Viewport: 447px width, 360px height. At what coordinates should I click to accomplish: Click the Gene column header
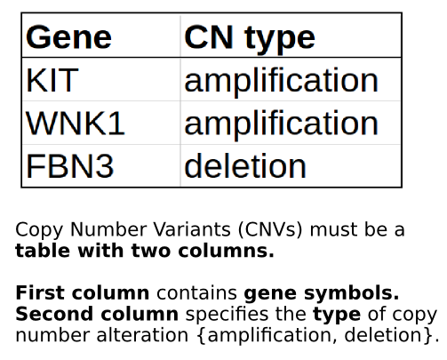68,37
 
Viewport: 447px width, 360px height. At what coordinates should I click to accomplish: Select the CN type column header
250,39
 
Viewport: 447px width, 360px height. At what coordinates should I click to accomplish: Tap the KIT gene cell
52,80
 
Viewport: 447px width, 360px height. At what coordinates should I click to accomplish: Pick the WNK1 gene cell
76,124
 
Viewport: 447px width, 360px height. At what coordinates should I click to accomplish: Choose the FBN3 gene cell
70,166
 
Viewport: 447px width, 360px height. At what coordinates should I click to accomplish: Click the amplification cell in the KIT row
281,81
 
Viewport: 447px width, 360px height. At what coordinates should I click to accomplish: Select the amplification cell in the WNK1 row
281,124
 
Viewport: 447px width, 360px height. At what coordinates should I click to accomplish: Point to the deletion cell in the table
245,165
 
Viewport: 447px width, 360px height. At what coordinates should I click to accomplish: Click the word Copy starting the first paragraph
39,230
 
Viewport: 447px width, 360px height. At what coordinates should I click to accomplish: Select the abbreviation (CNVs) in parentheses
270,230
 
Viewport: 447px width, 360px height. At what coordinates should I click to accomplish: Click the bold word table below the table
43,251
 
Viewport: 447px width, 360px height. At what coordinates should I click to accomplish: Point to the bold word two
151,252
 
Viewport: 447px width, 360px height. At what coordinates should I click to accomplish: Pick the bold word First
40,292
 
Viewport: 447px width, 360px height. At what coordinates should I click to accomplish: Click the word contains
196,293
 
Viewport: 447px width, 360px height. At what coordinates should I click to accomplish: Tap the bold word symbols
352,294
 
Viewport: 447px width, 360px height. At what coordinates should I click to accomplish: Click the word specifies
227,315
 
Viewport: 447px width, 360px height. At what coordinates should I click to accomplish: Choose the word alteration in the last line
142,335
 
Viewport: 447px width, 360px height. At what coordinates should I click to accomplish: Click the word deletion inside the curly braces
383,335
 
